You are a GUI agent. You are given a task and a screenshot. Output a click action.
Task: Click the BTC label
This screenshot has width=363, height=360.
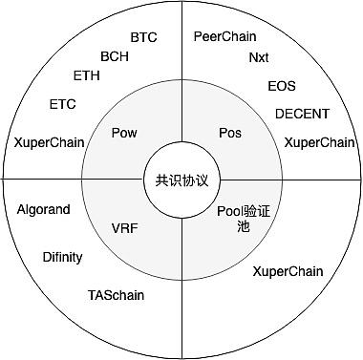143,37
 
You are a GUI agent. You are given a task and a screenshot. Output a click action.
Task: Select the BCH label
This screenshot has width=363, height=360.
115,56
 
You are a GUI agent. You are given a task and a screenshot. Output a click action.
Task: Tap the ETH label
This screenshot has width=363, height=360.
87,75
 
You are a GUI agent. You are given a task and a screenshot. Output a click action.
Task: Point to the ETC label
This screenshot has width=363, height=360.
63,104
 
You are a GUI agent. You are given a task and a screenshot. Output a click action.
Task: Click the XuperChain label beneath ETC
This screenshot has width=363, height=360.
49,142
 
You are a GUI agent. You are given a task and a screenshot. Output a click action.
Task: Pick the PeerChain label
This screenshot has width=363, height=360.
225,36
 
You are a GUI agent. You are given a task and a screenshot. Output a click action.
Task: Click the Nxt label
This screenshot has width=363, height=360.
259,57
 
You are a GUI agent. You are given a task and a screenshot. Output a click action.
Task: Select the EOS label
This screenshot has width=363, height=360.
282,86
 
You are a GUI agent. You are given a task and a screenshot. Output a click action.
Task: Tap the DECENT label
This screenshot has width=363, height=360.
302,114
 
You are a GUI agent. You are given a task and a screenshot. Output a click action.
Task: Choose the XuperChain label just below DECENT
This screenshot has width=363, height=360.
319,142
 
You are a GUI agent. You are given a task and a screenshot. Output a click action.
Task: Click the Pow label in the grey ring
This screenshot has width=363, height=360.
124,133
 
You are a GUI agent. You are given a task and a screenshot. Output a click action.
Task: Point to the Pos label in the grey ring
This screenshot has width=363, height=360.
230,133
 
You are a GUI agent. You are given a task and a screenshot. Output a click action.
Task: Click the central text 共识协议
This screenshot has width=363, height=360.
181,180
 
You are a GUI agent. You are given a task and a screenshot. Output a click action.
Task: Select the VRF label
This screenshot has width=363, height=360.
125,228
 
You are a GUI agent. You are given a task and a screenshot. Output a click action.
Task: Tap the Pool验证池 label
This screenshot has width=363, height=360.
244,219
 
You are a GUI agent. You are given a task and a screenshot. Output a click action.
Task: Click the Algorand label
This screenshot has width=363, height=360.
44,209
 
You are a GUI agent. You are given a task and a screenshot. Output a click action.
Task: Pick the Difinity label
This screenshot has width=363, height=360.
62,257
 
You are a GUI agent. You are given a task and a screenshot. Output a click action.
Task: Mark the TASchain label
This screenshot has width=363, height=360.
116,295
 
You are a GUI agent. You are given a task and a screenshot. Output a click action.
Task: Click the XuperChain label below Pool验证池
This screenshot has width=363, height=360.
288,271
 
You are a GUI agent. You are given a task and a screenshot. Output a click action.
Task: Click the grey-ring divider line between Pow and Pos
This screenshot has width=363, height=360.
181,110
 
